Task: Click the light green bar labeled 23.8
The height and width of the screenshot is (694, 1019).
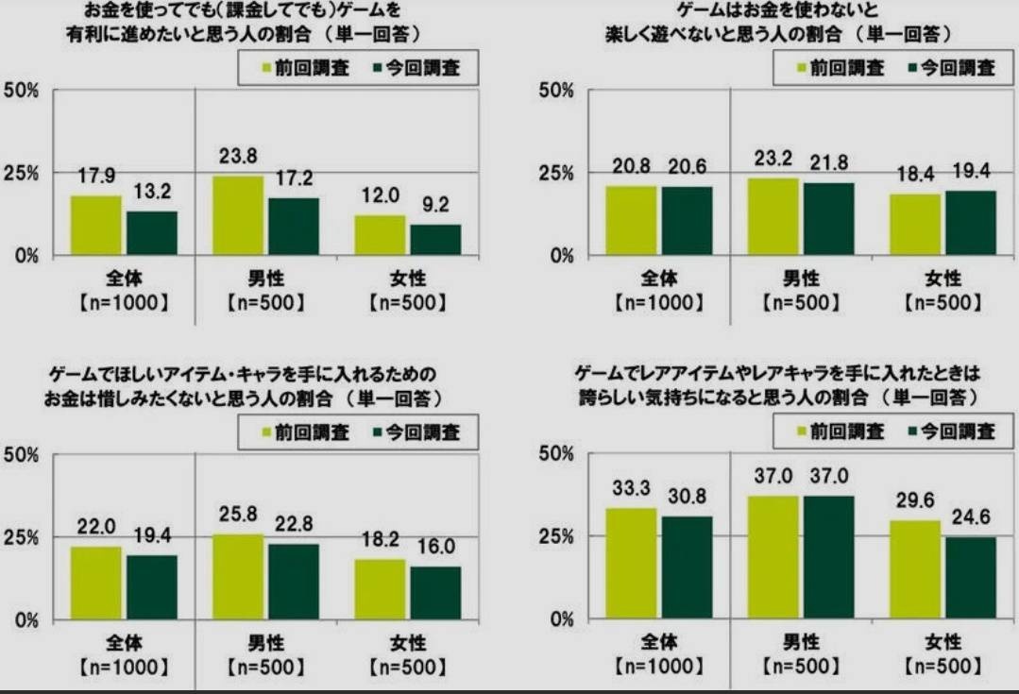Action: pyautogui.click(x=238, y=215)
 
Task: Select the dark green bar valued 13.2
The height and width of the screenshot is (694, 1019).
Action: pyautogui.click(x=153, y=232)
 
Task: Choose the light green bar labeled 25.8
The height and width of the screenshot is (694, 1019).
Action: pyautogui.click(x=238, y=577)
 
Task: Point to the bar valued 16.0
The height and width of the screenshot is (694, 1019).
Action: pyautogui.click(x=435, y=593)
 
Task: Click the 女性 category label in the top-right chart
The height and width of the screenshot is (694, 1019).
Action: pyautogui.click(x=942, y=279)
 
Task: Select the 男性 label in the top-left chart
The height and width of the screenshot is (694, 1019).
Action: pyautogui.click(x=265, y=279)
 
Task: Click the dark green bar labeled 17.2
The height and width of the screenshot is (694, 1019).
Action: pyautogui.click(x=294, y=227)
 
